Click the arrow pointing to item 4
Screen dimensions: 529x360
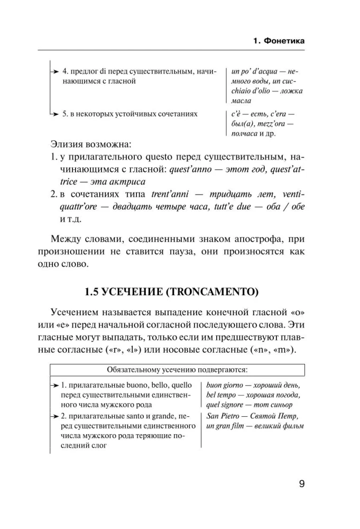[54, 71]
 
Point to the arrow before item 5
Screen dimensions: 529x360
[54, 114]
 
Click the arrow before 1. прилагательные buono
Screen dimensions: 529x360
[54, 385]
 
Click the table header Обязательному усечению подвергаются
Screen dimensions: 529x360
[177, 369]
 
